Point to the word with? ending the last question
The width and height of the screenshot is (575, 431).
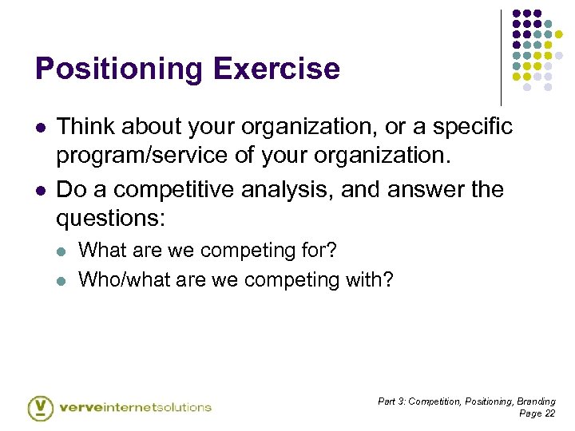371,279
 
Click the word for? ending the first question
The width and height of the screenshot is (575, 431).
319,251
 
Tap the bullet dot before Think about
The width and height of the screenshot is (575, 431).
39,128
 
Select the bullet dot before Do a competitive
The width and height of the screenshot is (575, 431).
39,191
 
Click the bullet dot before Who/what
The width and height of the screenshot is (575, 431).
64,280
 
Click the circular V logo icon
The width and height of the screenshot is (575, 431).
40,408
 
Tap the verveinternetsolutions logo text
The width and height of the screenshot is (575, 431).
135,407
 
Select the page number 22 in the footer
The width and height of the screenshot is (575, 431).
549,413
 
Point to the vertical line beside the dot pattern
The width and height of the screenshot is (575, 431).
501,56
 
